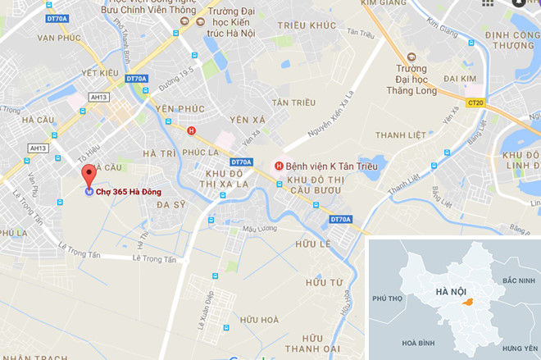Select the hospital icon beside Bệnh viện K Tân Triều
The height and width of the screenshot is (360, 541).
[279, 167]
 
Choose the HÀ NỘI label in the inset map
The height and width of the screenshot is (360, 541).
[451, 291]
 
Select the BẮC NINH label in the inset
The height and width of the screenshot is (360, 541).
[518, 280]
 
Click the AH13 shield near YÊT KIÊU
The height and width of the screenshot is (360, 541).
[99, 97]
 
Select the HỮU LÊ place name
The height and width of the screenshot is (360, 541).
[311, 244]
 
